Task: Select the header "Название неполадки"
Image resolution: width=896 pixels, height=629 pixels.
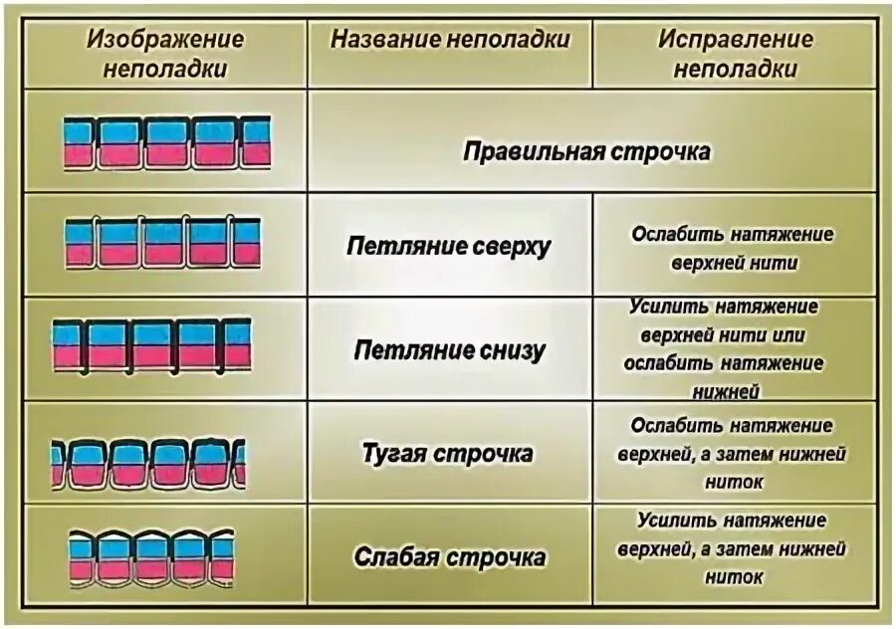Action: click(450, 40)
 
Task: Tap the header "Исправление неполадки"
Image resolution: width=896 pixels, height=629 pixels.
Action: click(735, 54)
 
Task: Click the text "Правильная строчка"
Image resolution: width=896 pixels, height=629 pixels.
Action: click(586, 152)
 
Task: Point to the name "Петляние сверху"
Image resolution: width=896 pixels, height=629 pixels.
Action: click(448, 247)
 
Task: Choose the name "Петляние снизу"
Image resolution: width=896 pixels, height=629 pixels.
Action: click(449, 350)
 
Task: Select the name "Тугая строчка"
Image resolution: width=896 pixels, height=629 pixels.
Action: click(446, 455)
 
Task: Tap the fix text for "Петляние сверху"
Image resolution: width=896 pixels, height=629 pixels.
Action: click(733, 248)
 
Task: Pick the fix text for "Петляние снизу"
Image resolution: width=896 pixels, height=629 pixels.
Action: click(735, 348)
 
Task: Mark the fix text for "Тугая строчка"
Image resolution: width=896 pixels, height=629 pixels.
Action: click(737, 454)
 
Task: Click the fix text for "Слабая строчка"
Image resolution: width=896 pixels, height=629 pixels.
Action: click(736, 548)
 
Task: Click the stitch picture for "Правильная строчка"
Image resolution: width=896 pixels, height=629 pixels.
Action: click(166, 142)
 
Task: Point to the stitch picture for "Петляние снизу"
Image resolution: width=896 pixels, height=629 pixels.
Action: click(152, 345)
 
